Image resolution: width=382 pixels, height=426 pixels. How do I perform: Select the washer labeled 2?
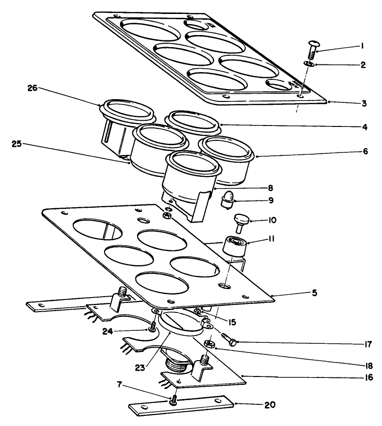tap(309, 63)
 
